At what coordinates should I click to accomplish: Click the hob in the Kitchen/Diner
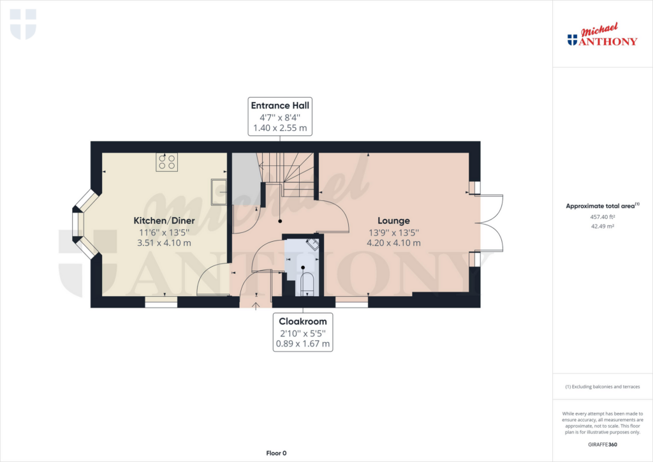tap(167, 162)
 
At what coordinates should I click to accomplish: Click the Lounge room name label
tap(393, 221)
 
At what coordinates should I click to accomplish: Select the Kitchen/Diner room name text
tap(164, 221)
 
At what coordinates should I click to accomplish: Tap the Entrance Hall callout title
tap(281, 105)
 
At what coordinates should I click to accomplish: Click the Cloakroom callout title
tap(303, 322)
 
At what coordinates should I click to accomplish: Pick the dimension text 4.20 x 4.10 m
tap(393, 243)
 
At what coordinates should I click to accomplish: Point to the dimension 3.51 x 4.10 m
tap(164, 243)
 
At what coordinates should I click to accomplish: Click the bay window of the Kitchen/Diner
tap(81, 223)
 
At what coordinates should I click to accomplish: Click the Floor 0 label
tap(276, 453)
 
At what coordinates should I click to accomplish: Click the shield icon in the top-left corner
tap(24, 24)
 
